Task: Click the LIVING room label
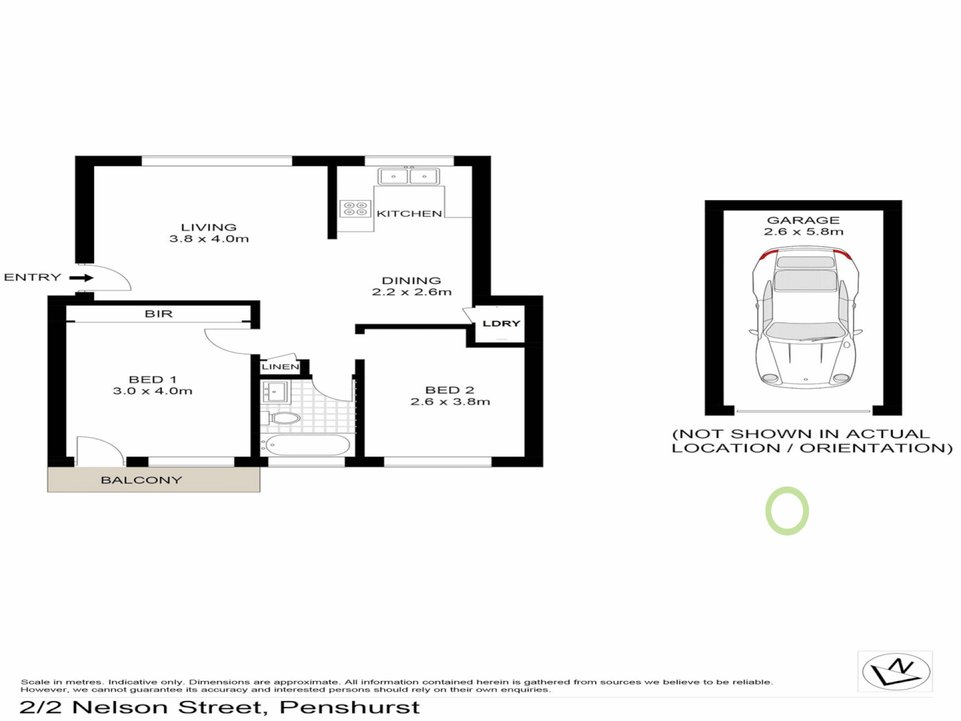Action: click(x=208, y=227)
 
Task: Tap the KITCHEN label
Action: click(x=409, y=214)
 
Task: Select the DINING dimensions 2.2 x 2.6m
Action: click(x=412, y=292)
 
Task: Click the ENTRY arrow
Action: click(x=81, y=278)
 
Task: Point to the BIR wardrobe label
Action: click(x=159, y=314)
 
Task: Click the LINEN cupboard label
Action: click(x=280, y=367)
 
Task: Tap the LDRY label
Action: click(x=501, y=324)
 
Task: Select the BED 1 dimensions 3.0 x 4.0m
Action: click(x=153, y=391)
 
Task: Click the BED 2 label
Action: click(x=450, y=390)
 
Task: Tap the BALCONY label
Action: click(x=141, y=480)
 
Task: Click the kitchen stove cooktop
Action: click(x=355, y=209)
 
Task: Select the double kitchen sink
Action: click(x=408, y=177)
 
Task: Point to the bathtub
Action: click(x=307, y=445)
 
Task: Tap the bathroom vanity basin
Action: click(x=274, y=391)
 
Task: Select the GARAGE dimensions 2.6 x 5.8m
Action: click(x=804, y=232)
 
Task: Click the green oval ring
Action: click(x=787, y=511)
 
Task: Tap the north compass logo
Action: click(x=896, y=672)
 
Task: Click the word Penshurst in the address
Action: click(x=350, y=708)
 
